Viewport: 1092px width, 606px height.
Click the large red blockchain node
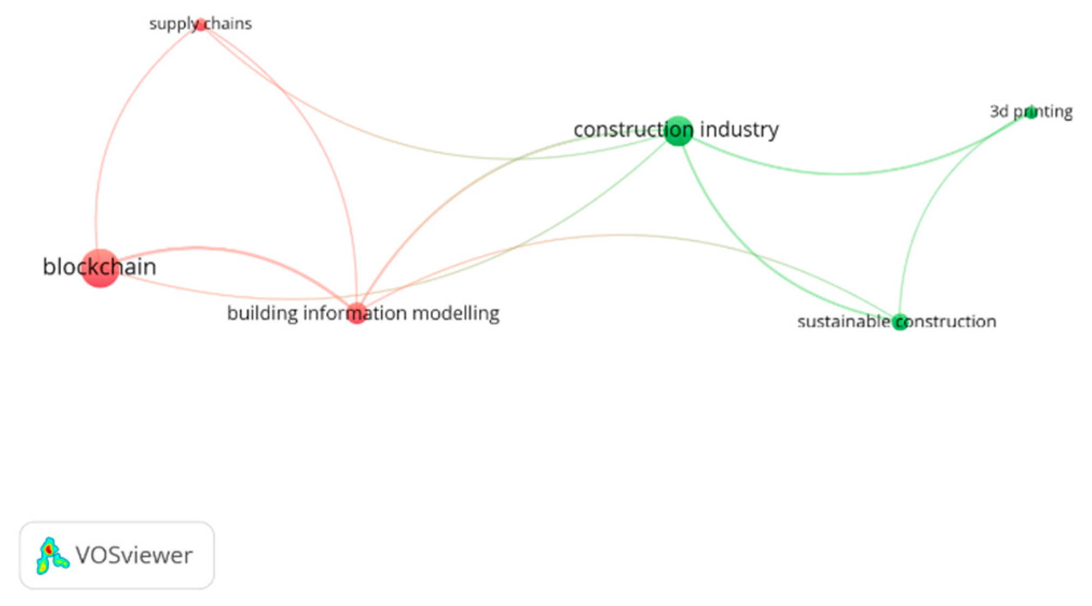click(100, 268)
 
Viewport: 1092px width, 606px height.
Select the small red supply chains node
click(201, 25)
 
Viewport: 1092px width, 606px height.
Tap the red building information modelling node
click(356, 313)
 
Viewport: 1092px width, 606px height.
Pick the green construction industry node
click(678, 131)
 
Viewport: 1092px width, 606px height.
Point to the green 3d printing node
click(1031, 112)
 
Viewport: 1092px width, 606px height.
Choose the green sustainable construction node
click(899, 322)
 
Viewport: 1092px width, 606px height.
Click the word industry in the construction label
click(739, 130)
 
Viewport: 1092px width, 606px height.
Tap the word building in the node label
click(262, 313)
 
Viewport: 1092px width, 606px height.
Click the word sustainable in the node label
click(843, 322)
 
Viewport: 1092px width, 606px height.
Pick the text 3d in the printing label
click(999, 112)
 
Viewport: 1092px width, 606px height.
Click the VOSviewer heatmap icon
click(52, 555)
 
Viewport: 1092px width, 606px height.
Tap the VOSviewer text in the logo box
click(134, 555)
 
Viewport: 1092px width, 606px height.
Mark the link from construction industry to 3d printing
click(841, 174)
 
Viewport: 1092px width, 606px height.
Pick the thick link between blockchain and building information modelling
click(216, 249)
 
